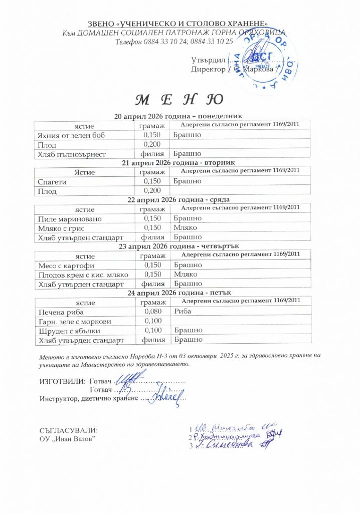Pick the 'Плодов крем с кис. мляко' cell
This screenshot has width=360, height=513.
tap(83, 275)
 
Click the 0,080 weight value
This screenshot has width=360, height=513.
tap(152, 312)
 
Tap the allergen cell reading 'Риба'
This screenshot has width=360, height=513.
tap(184, 312)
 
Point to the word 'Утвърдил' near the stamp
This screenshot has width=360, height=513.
tap(206, 60)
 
